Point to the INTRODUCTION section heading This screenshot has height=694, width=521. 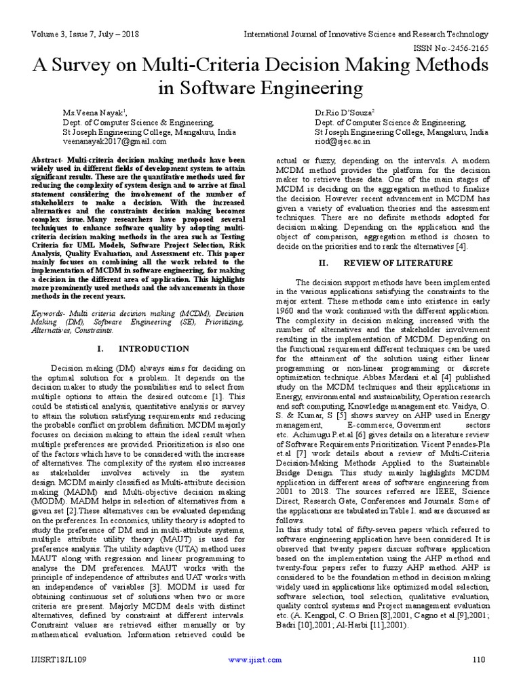point(154,348)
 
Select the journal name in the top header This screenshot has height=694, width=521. point(366,34)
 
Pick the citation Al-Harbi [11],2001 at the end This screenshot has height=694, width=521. point(377,625)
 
